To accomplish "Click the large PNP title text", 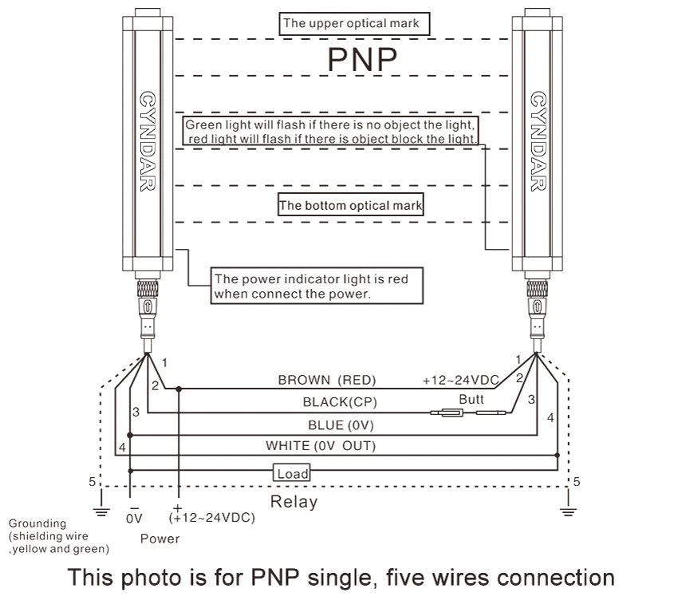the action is point(362,59).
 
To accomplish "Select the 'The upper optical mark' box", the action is point(354,24).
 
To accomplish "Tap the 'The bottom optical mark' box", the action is point(350,204).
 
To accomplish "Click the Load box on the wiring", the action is point(292,472).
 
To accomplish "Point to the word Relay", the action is point(294,502).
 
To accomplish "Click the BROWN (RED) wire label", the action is point(327,380).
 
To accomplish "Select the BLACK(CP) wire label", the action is point(340,402).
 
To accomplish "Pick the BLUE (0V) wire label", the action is point(341,425).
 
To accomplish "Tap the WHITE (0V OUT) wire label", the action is point(321,445).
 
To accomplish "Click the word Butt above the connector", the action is point(471,399).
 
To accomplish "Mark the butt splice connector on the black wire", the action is point(468,413).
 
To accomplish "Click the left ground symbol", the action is point(101,511).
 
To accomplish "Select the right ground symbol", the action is point(568,511).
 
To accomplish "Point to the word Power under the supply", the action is point(160,539).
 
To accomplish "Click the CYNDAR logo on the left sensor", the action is point(148,141).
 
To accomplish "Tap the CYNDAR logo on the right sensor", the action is point(538,141).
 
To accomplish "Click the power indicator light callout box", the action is point(317,286).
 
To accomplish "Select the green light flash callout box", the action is point(330,131).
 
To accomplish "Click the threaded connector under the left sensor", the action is point(148,288).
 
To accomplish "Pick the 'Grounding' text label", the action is point(37,523).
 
